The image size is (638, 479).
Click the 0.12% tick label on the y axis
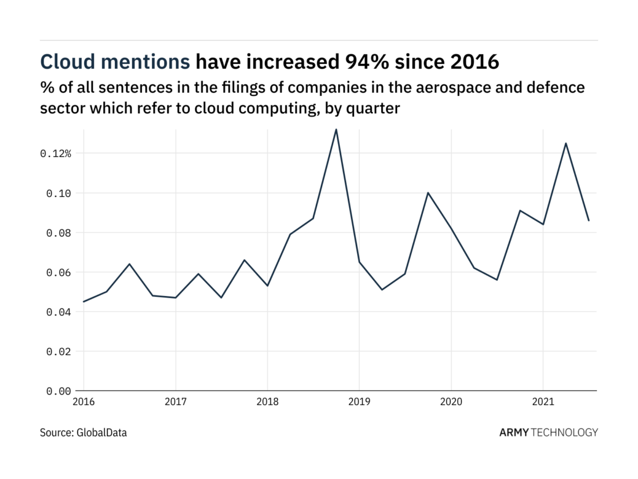click(56, 153)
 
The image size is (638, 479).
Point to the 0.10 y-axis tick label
click(58, 193)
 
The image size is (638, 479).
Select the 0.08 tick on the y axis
click(58, 233)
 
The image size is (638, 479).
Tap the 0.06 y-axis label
click(58, 272)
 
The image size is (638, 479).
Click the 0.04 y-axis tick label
click(58, 312)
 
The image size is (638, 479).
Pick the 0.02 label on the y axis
click(58, 352)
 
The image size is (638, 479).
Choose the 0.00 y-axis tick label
click(58, 391)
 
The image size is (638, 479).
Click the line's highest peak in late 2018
click(336, 129)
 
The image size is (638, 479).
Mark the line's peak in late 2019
click(428, 193)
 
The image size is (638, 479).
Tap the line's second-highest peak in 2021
click(565, 143)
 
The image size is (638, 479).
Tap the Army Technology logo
click(548, 432)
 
